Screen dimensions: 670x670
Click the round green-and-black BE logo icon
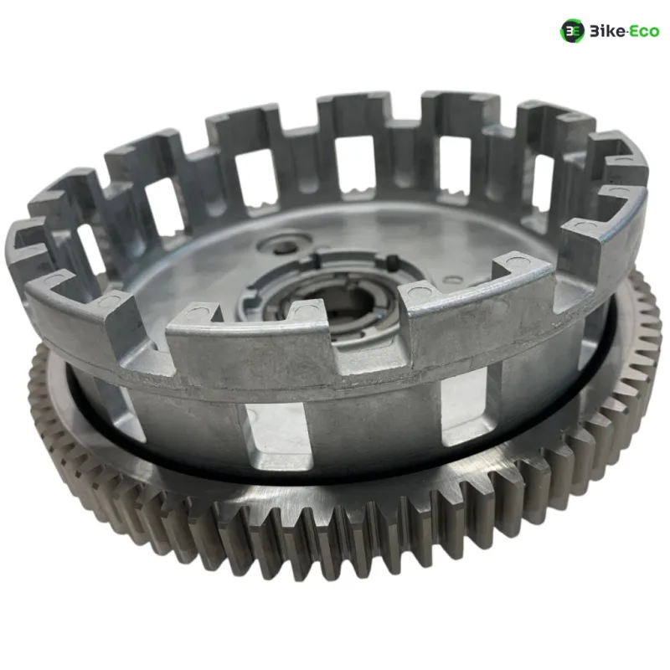coord(572,31)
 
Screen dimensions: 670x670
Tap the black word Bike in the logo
coord(606,31)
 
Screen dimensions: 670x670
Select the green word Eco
coord(643,32)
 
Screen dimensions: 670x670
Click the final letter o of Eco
coord(654,33)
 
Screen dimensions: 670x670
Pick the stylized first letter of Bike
coord(594,32)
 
